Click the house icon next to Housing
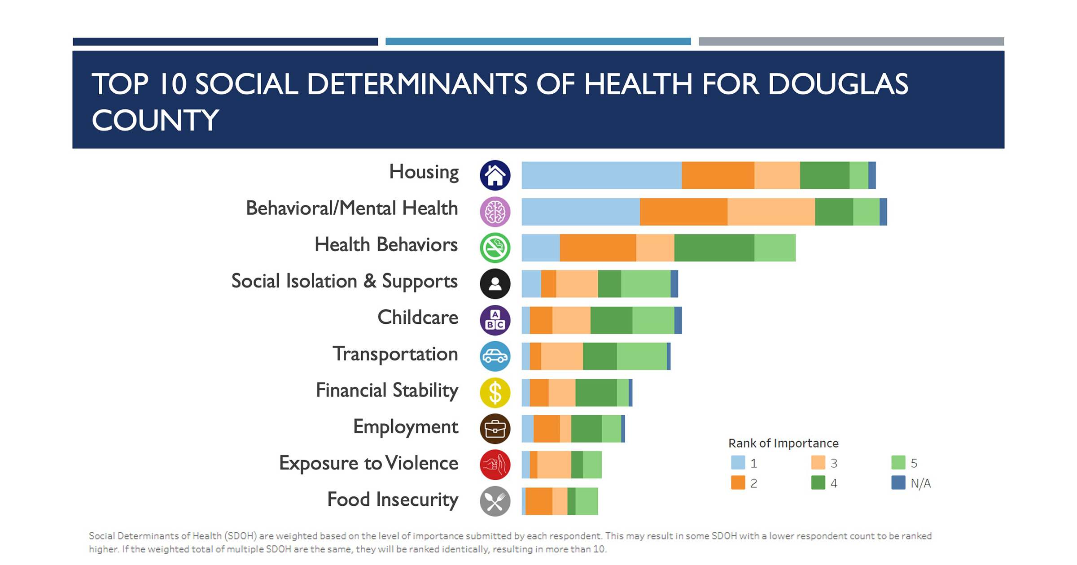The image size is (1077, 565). tap(495, 175)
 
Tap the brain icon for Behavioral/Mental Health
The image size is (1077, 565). tap(495, 212)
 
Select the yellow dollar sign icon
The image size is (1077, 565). tap(495, 393)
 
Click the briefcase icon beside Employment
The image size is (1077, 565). tap(495, 429)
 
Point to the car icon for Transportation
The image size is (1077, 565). tap(495, 356)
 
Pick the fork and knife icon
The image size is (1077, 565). tap(495, 501)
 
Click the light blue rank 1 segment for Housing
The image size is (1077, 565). tap(601, 175)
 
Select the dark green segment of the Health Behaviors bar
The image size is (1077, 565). tap(714, 248)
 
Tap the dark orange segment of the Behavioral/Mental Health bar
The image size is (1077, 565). tap(683, 212)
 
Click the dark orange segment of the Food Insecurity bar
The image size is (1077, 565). tap(538, 501)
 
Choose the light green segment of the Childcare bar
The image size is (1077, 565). tap(653, 320)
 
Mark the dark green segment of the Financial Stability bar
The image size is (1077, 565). tap(596, 393)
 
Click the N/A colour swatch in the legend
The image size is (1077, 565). tap(898, 482)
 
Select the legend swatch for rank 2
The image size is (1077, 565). tap(738, 482)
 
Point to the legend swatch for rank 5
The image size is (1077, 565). tap(898, 462)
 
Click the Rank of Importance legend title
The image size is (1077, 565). tap(783, 443)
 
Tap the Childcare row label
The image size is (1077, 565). tap(418, 317)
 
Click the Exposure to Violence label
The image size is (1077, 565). tap(368, 463)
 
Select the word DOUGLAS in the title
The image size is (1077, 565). tap(838, 84)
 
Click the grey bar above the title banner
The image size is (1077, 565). tap(851, 42)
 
